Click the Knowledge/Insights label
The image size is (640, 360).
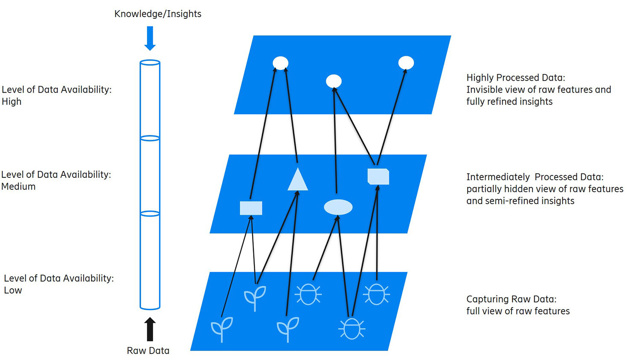click(157, 14)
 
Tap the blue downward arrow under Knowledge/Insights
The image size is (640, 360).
click(150, 38)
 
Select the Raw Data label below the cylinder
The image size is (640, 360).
click(148, 351)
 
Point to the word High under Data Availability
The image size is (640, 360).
click(12, 102)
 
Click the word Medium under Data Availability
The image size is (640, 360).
click(18, 186)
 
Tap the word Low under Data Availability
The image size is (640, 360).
click(13, 290)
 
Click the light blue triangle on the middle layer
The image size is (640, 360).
click(297, 180)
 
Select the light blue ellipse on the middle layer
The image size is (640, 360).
click(338, 207)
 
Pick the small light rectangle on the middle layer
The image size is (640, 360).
click(251, 208)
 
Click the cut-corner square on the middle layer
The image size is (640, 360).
click(378, 177)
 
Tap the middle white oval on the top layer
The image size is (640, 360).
click(334, 81)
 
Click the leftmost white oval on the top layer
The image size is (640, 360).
click(280, 63)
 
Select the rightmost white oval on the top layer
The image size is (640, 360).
click(406, 63)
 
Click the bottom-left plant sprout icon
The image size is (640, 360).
click(222, 328)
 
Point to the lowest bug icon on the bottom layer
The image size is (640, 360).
click(352, 329)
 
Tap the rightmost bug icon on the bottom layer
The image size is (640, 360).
click(376, 294)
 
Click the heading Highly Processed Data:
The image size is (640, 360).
click(515, 78)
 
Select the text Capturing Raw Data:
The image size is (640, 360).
click(511, 299)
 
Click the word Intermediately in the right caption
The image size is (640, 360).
click(498, 177)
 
